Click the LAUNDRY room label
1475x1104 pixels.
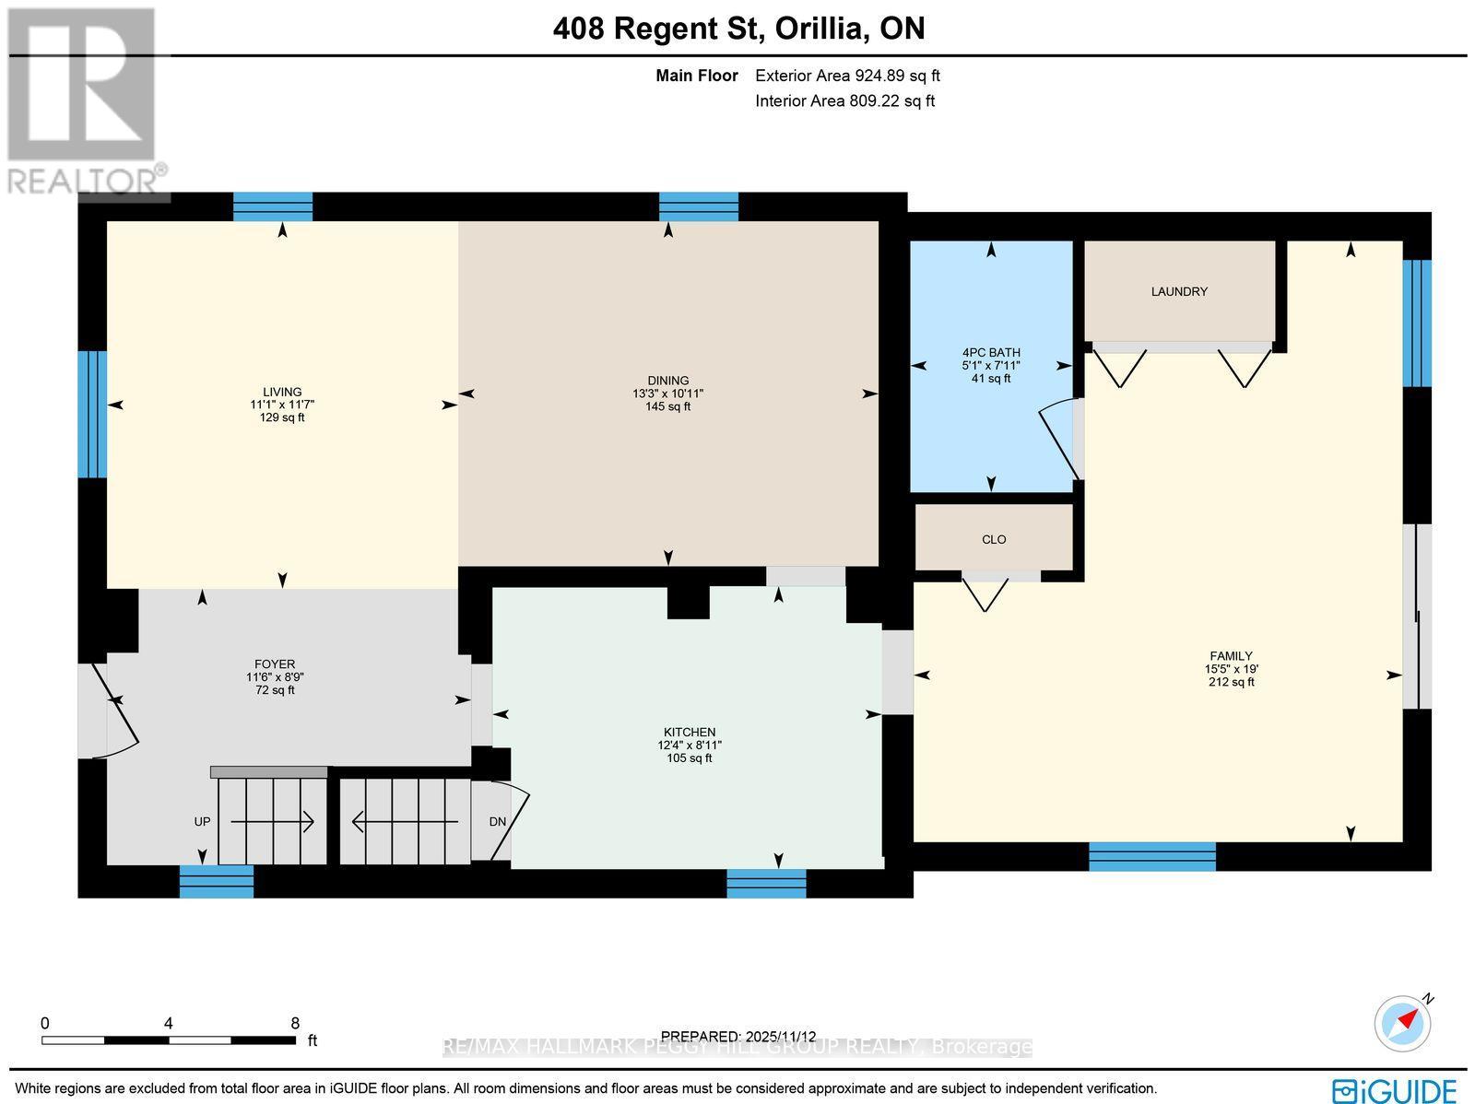tap(1179, 292)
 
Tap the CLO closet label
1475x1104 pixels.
tap(994, 539)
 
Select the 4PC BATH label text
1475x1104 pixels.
tap(991, 352)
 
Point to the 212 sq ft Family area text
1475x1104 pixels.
tap(1231, 682)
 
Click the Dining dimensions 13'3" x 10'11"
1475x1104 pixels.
tap(667, 393)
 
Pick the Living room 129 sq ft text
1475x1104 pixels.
tap(282, 417)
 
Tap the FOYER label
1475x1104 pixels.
tap(275, 664)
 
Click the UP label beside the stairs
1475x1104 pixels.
tap(203, 821)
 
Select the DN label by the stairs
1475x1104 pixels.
tap(497, 822)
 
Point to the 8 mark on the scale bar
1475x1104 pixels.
tap(295, 1023)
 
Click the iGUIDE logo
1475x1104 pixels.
tap(1394, 1089)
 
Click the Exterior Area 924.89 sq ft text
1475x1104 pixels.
tap(847, 76)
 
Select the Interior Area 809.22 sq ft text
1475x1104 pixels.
tap(844, 101)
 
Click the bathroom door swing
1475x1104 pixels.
tap(1058, 439)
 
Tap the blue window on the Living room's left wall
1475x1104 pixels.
tap(92, 415)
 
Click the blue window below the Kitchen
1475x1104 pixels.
tap(766, 883)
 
